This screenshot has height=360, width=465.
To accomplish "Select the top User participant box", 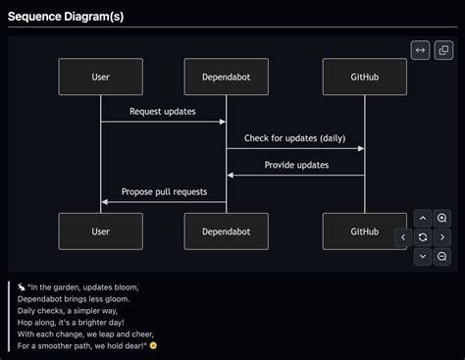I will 100,77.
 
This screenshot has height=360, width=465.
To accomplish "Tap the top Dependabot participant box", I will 227,77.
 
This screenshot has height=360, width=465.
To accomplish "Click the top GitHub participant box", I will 364,77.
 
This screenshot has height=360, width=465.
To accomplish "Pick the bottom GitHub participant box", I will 364,231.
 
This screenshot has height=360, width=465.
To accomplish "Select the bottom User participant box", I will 100,231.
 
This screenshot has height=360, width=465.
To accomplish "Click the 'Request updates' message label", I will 163,112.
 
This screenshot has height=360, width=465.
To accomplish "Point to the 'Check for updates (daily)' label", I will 294,138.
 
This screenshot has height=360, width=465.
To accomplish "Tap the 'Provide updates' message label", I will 296,165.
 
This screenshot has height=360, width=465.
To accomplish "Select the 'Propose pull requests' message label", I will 164,191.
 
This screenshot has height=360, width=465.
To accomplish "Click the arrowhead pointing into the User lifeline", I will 105,202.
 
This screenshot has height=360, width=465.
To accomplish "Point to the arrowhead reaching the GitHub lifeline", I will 360,149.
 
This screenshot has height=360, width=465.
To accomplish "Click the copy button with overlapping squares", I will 443,50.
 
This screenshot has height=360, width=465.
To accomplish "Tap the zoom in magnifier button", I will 442,218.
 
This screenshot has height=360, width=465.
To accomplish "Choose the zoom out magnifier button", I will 442,256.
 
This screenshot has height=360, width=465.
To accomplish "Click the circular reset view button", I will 423,237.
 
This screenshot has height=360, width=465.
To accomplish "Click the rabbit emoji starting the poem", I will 21,287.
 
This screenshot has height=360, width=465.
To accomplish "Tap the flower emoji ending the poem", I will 152,345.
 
